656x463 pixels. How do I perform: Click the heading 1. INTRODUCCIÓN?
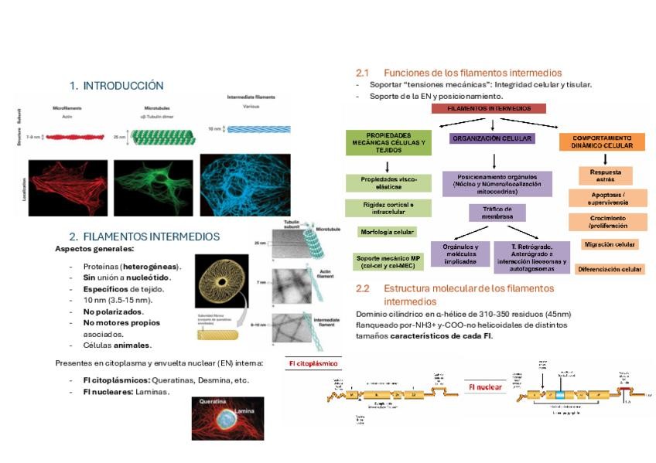tap(116, 86)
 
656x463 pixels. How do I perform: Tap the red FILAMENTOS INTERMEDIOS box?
tap(489, 109)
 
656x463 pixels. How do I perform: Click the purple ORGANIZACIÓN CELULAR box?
tap(492, 138)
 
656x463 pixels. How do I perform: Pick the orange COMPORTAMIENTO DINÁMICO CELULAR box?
tap(602, 141)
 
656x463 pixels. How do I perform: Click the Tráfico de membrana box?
tap(497, 213)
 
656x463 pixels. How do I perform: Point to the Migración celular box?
tap(610, 244)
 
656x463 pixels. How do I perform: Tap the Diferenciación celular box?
tap(610, 269)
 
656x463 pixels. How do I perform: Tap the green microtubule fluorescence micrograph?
tap(154, 186)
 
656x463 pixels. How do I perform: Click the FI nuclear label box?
tap(485, 386)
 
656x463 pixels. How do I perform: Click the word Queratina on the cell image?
tap(213, 403)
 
